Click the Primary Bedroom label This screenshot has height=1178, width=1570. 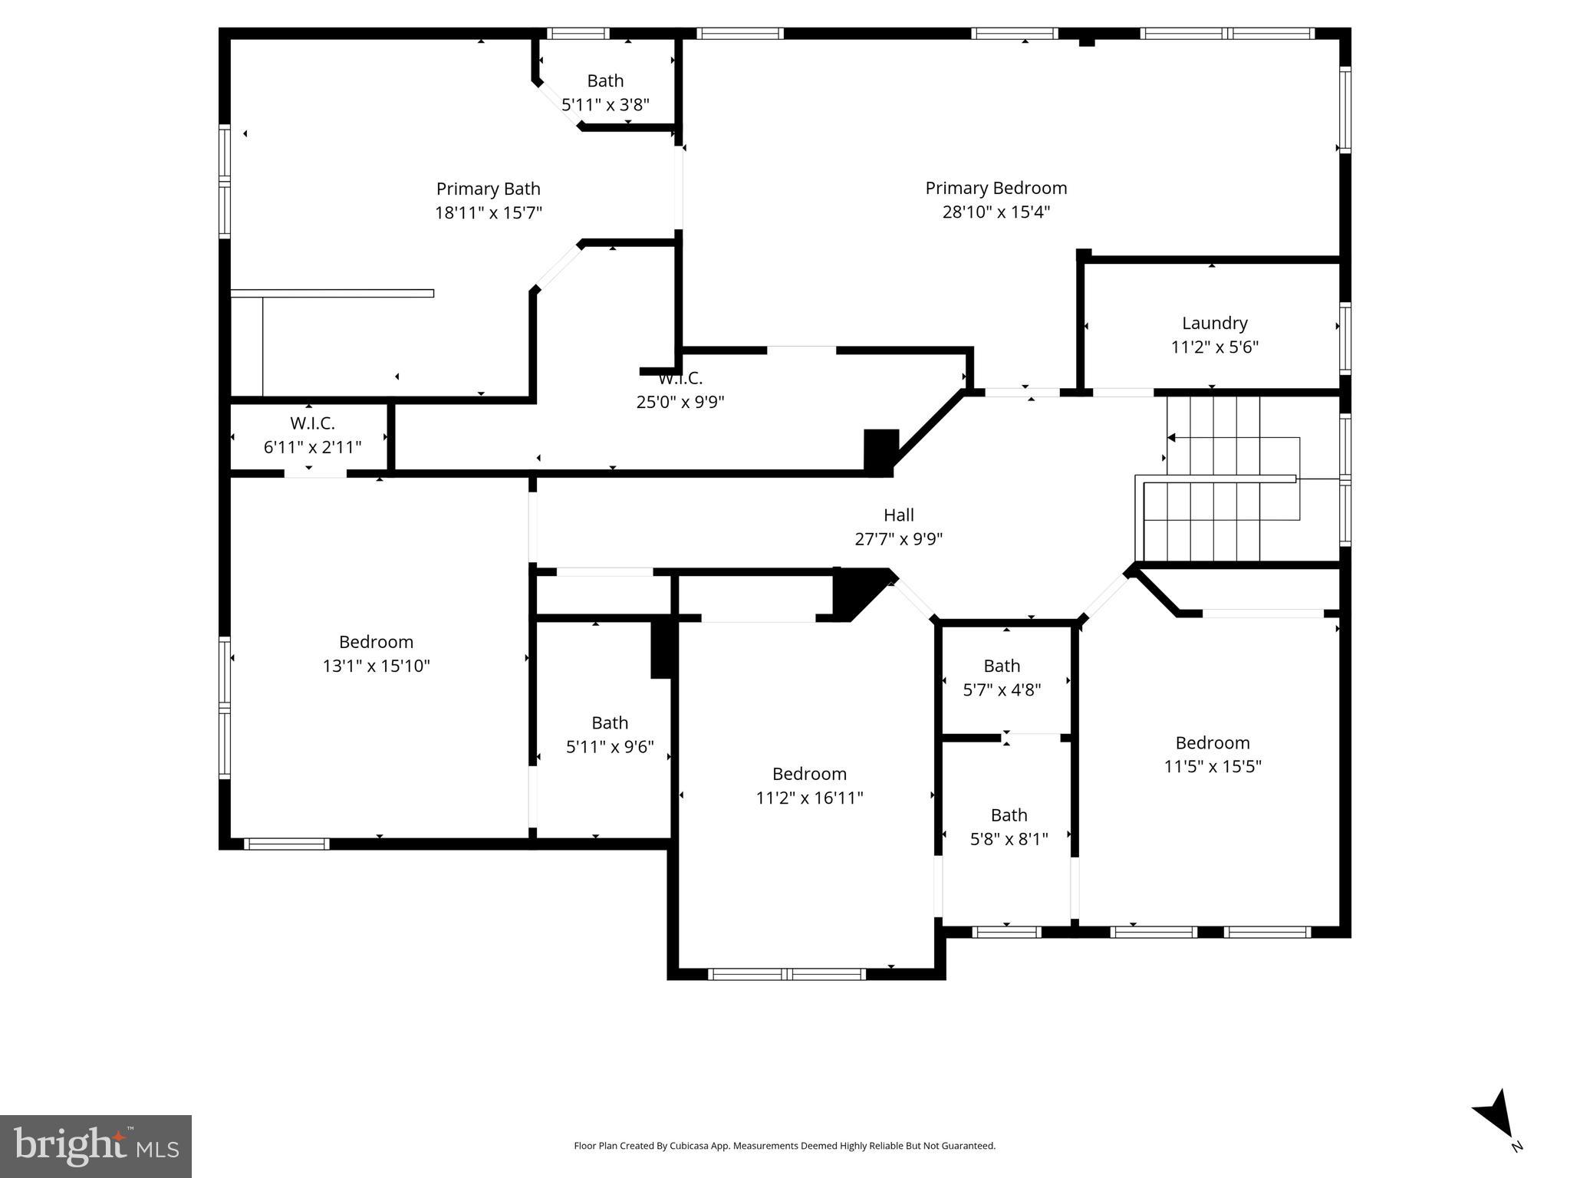[x=996, y=188]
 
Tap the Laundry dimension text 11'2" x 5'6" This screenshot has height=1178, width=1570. [x=1214, y=347]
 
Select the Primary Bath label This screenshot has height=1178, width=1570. [x=488, y=189]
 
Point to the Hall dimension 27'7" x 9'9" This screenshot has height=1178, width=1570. [x=898, y=539]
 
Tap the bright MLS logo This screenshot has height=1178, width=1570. [x=95, y=1146]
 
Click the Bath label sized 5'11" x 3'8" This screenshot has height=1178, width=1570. [x=605, y=81]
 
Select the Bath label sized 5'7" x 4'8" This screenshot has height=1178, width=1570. [x=1002, y=666]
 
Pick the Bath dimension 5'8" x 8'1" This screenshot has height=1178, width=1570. [x=1009, y=839]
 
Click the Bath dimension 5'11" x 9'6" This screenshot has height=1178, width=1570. [x=610, y=746]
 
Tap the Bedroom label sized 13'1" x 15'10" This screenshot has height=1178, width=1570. [x=376, y=642]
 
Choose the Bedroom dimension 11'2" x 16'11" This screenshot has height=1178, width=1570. [x=809, y=798]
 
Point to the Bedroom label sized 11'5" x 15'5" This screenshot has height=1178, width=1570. [x=1212, y=742]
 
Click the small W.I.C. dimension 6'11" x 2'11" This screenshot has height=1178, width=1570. [x=312, y=447]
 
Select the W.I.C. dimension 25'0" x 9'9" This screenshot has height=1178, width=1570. [x=680, y=402]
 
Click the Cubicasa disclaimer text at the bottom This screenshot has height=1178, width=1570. [x=784, y=1146]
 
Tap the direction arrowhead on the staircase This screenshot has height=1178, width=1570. [x=1171, y=438]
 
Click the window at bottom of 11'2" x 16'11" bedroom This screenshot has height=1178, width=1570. [x=786, y=974]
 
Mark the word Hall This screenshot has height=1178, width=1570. [x=898, y=515]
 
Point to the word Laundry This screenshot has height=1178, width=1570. [x=1214, y=323]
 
